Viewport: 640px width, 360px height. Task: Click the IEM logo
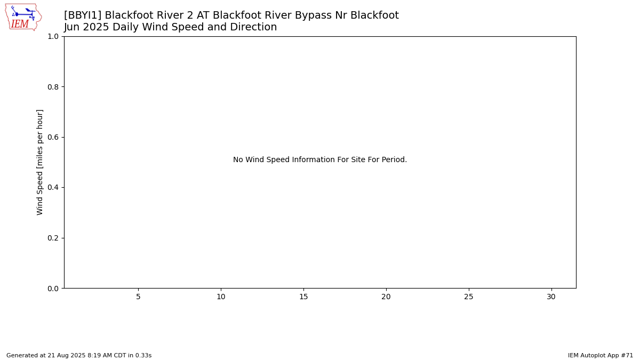click(x=23, y=17)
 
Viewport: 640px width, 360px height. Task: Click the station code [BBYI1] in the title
click(x=82, y=15)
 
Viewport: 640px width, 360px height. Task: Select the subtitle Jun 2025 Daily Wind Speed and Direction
click(x=170, y=27)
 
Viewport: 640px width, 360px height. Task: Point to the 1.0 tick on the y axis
click(x=53, y=37)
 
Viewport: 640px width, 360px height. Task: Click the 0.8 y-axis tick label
click(x=53, y=87)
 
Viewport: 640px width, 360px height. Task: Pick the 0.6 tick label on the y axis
click(x=53, y=137)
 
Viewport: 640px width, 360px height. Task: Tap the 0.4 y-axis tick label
click(x=53, y=187)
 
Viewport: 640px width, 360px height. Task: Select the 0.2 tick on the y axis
click(x=53, y=238)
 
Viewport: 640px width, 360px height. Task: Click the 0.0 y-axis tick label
click(x=53, y=289)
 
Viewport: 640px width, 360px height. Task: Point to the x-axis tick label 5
click(x=138, y=297)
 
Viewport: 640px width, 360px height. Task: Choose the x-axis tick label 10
click(x=221, y=297)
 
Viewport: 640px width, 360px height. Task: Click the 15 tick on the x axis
click(x=303, y=297)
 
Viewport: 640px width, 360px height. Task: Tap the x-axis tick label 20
click(x=386, y=297)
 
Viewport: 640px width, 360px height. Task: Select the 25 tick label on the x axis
click(x=469, y=297)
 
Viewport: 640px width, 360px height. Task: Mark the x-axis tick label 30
click(x=551, y=297)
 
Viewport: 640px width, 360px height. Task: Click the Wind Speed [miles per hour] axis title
click(x=39, y=162)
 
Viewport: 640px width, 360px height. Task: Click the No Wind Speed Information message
click(x=320, y=159)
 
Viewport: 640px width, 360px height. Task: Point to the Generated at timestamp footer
click(x=79, y=355)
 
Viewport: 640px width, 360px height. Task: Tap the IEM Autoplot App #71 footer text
click(x=601, y=355)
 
